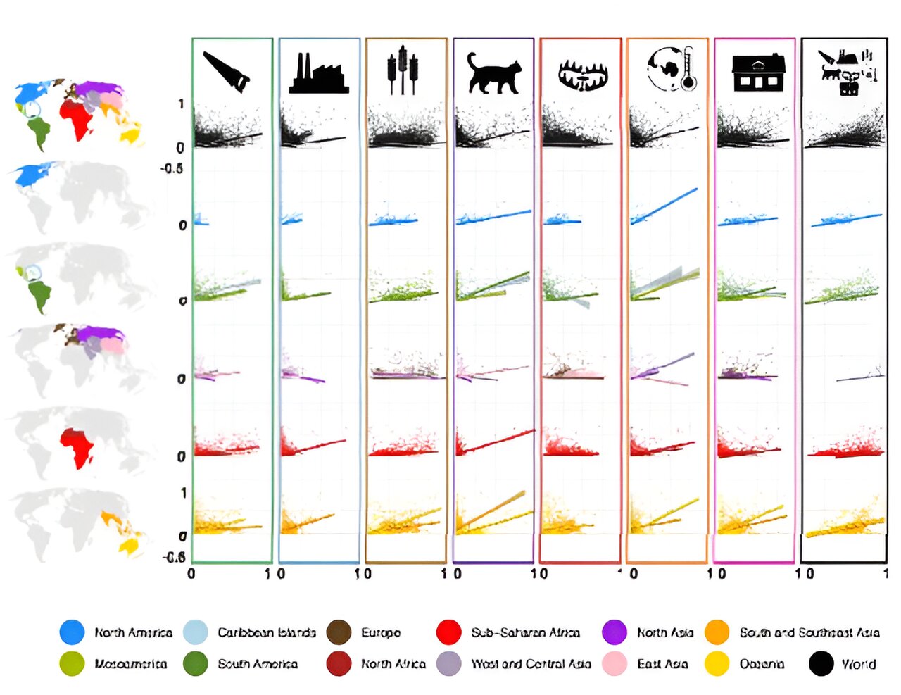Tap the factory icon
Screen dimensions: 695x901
(x=319, y=74)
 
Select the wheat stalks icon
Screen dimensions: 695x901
(x=403, y=70)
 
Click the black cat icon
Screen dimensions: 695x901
(x=495, y=73)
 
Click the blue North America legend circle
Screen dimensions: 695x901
(x=72, y=632)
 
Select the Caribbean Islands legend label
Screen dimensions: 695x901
(x=266, y=632)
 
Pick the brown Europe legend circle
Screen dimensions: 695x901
(x=339, y=632)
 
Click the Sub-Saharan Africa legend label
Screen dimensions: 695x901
(x=525, y=632)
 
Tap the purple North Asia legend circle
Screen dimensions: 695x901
(x=615, y=632)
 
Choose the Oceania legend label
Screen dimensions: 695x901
(x=762, y=663)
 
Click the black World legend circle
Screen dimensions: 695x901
(x=821, y=663)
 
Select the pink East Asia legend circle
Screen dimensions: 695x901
(x=615, y=663)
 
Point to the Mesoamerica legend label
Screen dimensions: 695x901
(x=131, y=663)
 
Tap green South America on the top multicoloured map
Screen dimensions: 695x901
(x=39, y=130)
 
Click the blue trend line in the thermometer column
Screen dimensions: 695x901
(x=665, y=205)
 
